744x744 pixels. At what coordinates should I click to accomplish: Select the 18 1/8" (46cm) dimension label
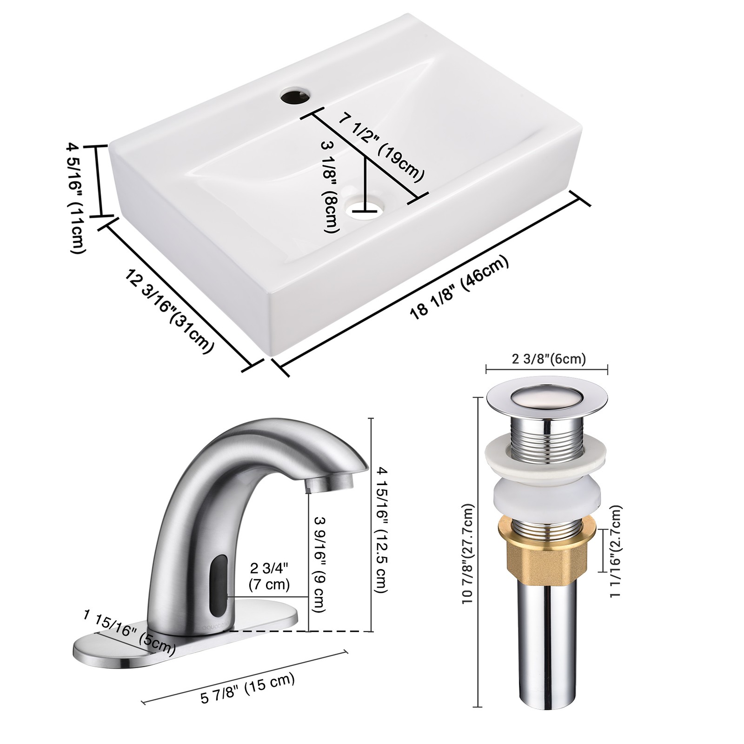pos(459,287)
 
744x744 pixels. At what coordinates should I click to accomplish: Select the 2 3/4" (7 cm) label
pos(269,576)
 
